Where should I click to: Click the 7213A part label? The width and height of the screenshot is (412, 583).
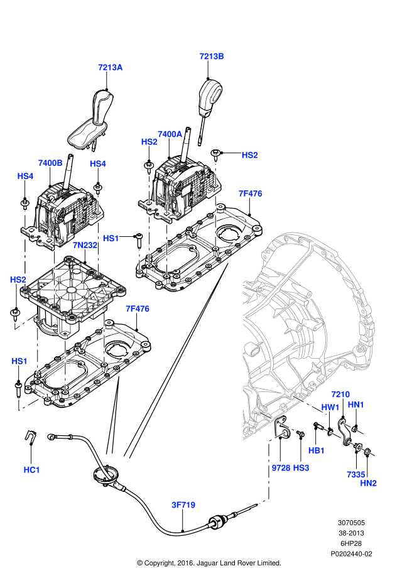[110, 67]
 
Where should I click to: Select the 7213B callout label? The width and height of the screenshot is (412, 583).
[212, 56]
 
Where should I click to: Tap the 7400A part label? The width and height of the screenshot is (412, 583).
[170, 134]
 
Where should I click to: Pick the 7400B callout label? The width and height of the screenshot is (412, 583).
[50, 163]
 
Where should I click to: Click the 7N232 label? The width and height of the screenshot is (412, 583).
[85, 244]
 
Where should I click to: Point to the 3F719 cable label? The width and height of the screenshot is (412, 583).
[183, 504]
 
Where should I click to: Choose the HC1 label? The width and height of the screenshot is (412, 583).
[31, 469]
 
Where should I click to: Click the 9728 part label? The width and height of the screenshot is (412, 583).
[281, 468]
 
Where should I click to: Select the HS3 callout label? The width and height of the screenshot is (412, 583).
[301, 468]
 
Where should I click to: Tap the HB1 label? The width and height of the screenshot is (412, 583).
[317, 450]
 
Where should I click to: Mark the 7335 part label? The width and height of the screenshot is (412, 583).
[355, 475]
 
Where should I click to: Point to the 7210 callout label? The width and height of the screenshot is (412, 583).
[340, 394]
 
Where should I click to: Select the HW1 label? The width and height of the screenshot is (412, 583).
[330, 408]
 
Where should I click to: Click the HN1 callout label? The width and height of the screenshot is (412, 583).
[356, 404]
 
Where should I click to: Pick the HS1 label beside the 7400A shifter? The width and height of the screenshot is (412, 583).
[111, 238]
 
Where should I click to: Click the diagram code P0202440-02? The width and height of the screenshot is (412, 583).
[352, 554]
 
